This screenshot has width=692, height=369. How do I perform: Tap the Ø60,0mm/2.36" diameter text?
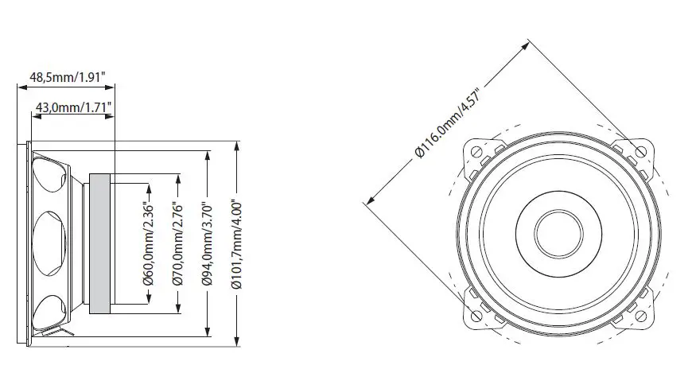(x=147, y=243)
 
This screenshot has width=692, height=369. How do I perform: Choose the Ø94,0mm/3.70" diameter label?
(x=208, y=243)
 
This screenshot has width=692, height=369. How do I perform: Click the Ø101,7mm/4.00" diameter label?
(x=237, y=243)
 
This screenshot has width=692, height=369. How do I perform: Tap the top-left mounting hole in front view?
(x=476, y=151)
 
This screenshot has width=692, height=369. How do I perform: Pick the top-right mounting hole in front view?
(x=640, y=151)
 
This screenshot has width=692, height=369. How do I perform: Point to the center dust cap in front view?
(x=558, y=233)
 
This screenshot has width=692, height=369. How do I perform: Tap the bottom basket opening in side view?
(x=50, y=310)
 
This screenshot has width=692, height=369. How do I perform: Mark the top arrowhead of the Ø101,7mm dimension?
(x=237, y=146)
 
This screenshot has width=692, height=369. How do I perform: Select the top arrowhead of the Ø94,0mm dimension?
(x=208, y=153)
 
